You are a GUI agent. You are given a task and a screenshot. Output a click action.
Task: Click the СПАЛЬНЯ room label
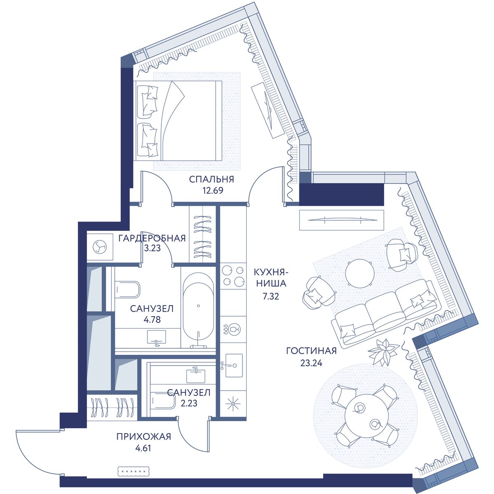click(212, 179)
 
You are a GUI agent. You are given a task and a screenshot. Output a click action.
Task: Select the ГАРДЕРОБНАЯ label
click(152, 238)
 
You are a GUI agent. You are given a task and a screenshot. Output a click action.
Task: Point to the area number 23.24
click(311, 363)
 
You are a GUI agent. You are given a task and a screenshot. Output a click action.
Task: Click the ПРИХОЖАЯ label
click(144, 437)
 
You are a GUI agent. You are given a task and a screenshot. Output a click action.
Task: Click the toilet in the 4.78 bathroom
click(127, 290)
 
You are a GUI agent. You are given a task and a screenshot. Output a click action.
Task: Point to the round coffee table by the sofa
click(360, 273)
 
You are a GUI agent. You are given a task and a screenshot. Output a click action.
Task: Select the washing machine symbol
click(100, 248)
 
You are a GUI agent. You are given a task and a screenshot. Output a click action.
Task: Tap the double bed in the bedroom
click(177, 121)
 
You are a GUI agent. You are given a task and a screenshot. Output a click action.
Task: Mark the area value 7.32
click(271, 296)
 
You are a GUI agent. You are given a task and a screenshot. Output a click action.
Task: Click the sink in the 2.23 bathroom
click(196, 376)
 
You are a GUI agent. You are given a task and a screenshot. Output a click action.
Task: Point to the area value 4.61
click(143, 448)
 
